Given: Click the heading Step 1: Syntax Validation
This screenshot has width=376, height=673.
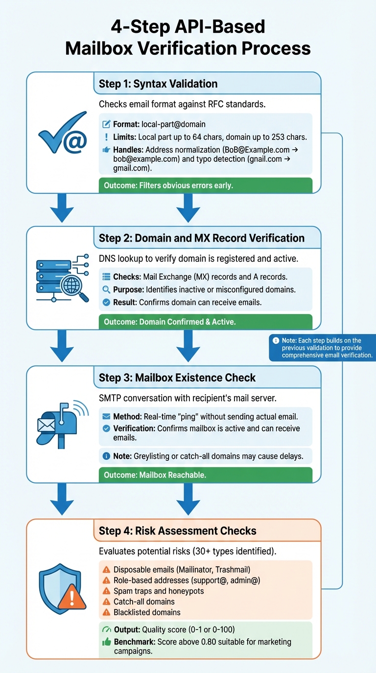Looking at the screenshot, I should click(158, 84).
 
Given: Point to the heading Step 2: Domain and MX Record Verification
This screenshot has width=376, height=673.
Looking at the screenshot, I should click(201, 238).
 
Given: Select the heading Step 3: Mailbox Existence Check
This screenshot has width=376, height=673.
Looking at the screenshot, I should click(177, 378).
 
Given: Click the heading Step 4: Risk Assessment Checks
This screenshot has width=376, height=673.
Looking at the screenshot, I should click(177, 531).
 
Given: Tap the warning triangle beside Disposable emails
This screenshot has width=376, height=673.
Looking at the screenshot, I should click(106, 570).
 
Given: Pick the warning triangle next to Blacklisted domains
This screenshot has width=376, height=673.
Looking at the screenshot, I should click(106, 612).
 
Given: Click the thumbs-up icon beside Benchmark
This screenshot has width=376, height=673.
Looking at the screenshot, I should click(106, 642).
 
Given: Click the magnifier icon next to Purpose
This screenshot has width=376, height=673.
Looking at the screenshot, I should click(106, 290).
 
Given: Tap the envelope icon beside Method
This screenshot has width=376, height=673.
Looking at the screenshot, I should click(106, 417).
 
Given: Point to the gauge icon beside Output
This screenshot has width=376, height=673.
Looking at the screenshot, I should click(106, 630).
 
